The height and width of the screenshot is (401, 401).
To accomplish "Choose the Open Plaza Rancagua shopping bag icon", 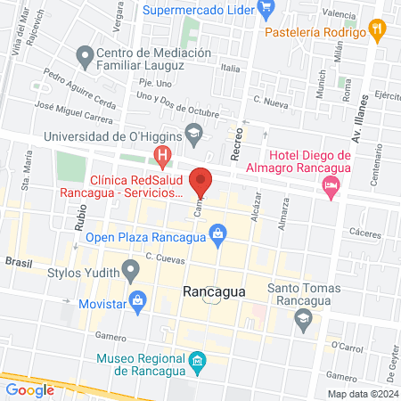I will point(217,235).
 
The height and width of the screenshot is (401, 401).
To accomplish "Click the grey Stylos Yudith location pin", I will point(132,268).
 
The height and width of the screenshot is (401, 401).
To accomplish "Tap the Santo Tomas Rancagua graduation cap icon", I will point(303,317).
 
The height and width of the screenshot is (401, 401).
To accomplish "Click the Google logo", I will point(29,389).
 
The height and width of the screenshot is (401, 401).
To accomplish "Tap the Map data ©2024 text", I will point(361,393).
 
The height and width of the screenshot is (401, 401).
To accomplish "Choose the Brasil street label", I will point(18,262).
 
